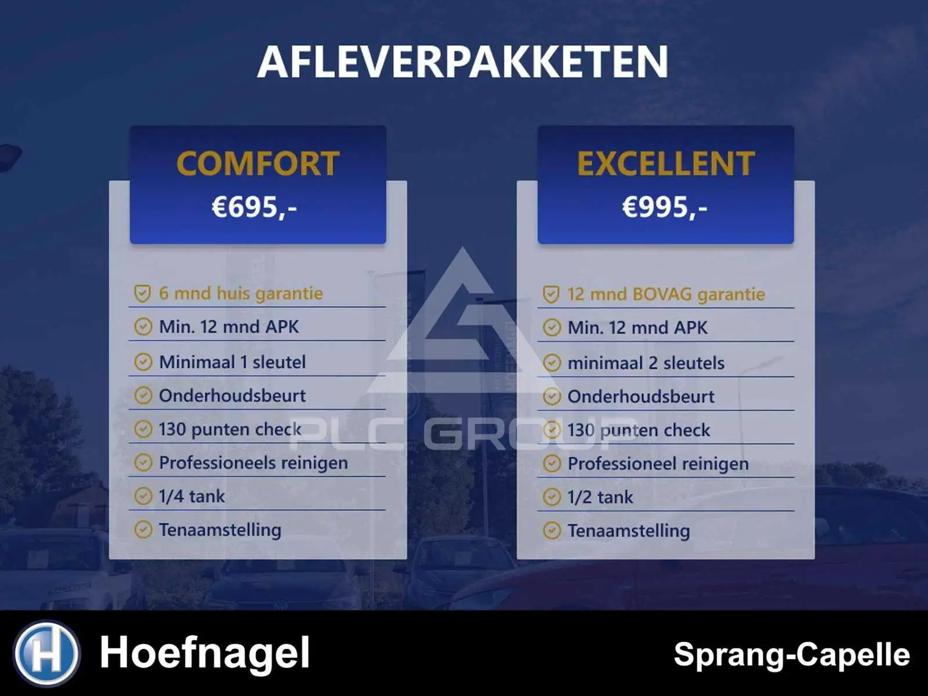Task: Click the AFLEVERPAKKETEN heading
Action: (x=462, y=61)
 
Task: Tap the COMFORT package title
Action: (x=258, y=164)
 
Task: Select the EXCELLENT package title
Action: (x=666, y=164)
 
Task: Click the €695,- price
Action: (x=255, y=207)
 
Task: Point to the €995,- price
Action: (x=665, y=207)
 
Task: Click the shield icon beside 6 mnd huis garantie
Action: (x=143, y=293)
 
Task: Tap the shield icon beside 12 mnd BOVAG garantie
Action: (x=552, y=294)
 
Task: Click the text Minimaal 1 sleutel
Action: (x=232, y=362)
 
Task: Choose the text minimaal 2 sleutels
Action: (x=646, y=363)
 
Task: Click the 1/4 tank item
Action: (x=192, y=496)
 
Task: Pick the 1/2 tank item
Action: (x=600, y=497)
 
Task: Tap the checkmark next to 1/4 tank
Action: (x=143, y=496)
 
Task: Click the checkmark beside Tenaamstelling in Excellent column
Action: (x=552, y=530)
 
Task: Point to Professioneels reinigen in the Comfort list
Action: (x=253, y=463)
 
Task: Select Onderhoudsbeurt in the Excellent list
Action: (x=641, y=396)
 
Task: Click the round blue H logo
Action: (x=47, y=652)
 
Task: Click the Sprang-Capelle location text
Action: (x=792, y=655)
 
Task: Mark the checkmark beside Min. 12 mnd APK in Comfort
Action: (x=143, y=327)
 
